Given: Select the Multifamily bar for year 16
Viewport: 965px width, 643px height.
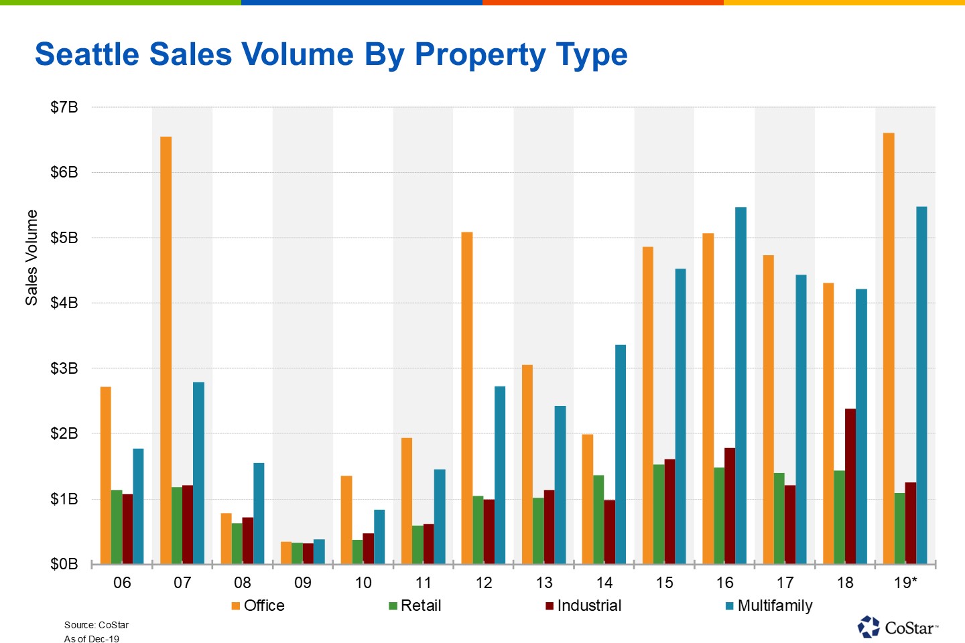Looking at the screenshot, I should click(x=741, y=385).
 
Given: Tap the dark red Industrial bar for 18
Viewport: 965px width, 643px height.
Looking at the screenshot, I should click(x=850, y=486).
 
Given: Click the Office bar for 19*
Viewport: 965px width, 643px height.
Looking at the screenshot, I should click(x=889, y=348).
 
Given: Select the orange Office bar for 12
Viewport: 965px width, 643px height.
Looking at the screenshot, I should click(x=467, y=398).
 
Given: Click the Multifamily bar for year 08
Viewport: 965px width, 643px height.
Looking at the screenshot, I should click(x=259, y=513).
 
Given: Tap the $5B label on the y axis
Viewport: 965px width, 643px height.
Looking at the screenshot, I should click(x=64, y=238).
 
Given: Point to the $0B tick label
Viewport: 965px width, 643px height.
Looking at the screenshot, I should click(x=64, y=564).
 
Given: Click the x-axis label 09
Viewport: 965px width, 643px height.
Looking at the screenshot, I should click(x=303, y=583).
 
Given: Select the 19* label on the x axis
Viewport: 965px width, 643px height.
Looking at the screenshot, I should click(x=905, y=583).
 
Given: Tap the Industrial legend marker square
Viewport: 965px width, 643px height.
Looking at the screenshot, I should click(x=550, y=606).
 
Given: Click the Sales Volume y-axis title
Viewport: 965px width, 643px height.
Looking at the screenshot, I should click(x=31, y=258).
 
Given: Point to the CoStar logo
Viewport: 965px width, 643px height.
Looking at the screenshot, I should click(x=898, y=628).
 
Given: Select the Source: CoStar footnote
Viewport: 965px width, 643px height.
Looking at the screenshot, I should click(x=96, y=625).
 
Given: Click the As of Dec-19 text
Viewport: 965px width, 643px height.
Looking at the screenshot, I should click(x=92, y=639).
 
